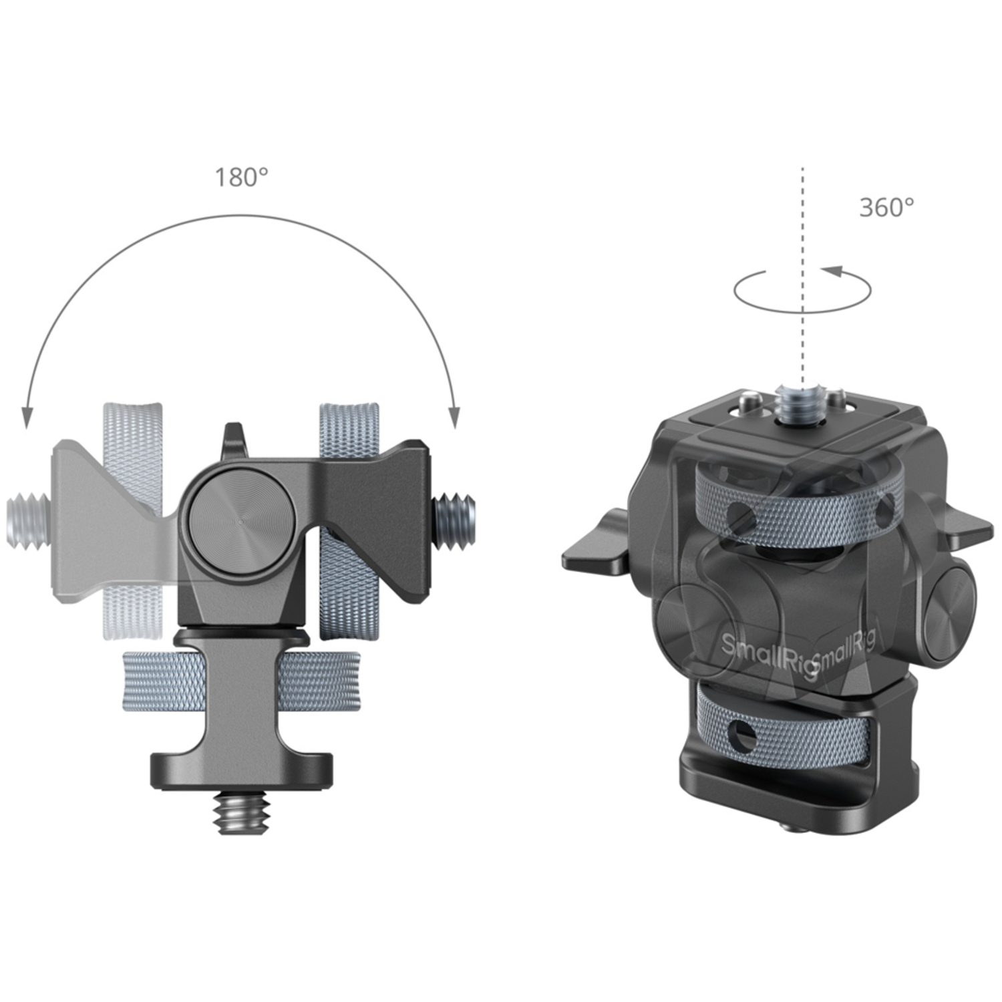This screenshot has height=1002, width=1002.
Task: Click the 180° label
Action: [x=241, y=178]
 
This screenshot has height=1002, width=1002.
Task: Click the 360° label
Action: [x=886, y=208]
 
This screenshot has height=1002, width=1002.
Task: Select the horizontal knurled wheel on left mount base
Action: [x=240, y=681]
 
